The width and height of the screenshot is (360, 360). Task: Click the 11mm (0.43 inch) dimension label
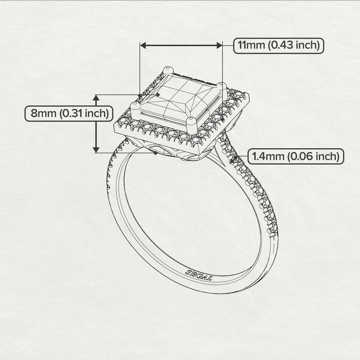(x=279, y=45)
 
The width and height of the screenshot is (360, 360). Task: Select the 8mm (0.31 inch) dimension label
(x=69, y=113)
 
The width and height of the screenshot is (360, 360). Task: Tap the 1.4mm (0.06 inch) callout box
(x=296, y=156)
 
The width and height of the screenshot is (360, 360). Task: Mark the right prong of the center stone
(x=222, y=87)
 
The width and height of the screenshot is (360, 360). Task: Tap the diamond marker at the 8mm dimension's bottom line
(x=155, y=153)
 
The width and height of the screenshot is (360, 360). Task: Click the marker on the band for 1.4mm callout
(x=235, y=160)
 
